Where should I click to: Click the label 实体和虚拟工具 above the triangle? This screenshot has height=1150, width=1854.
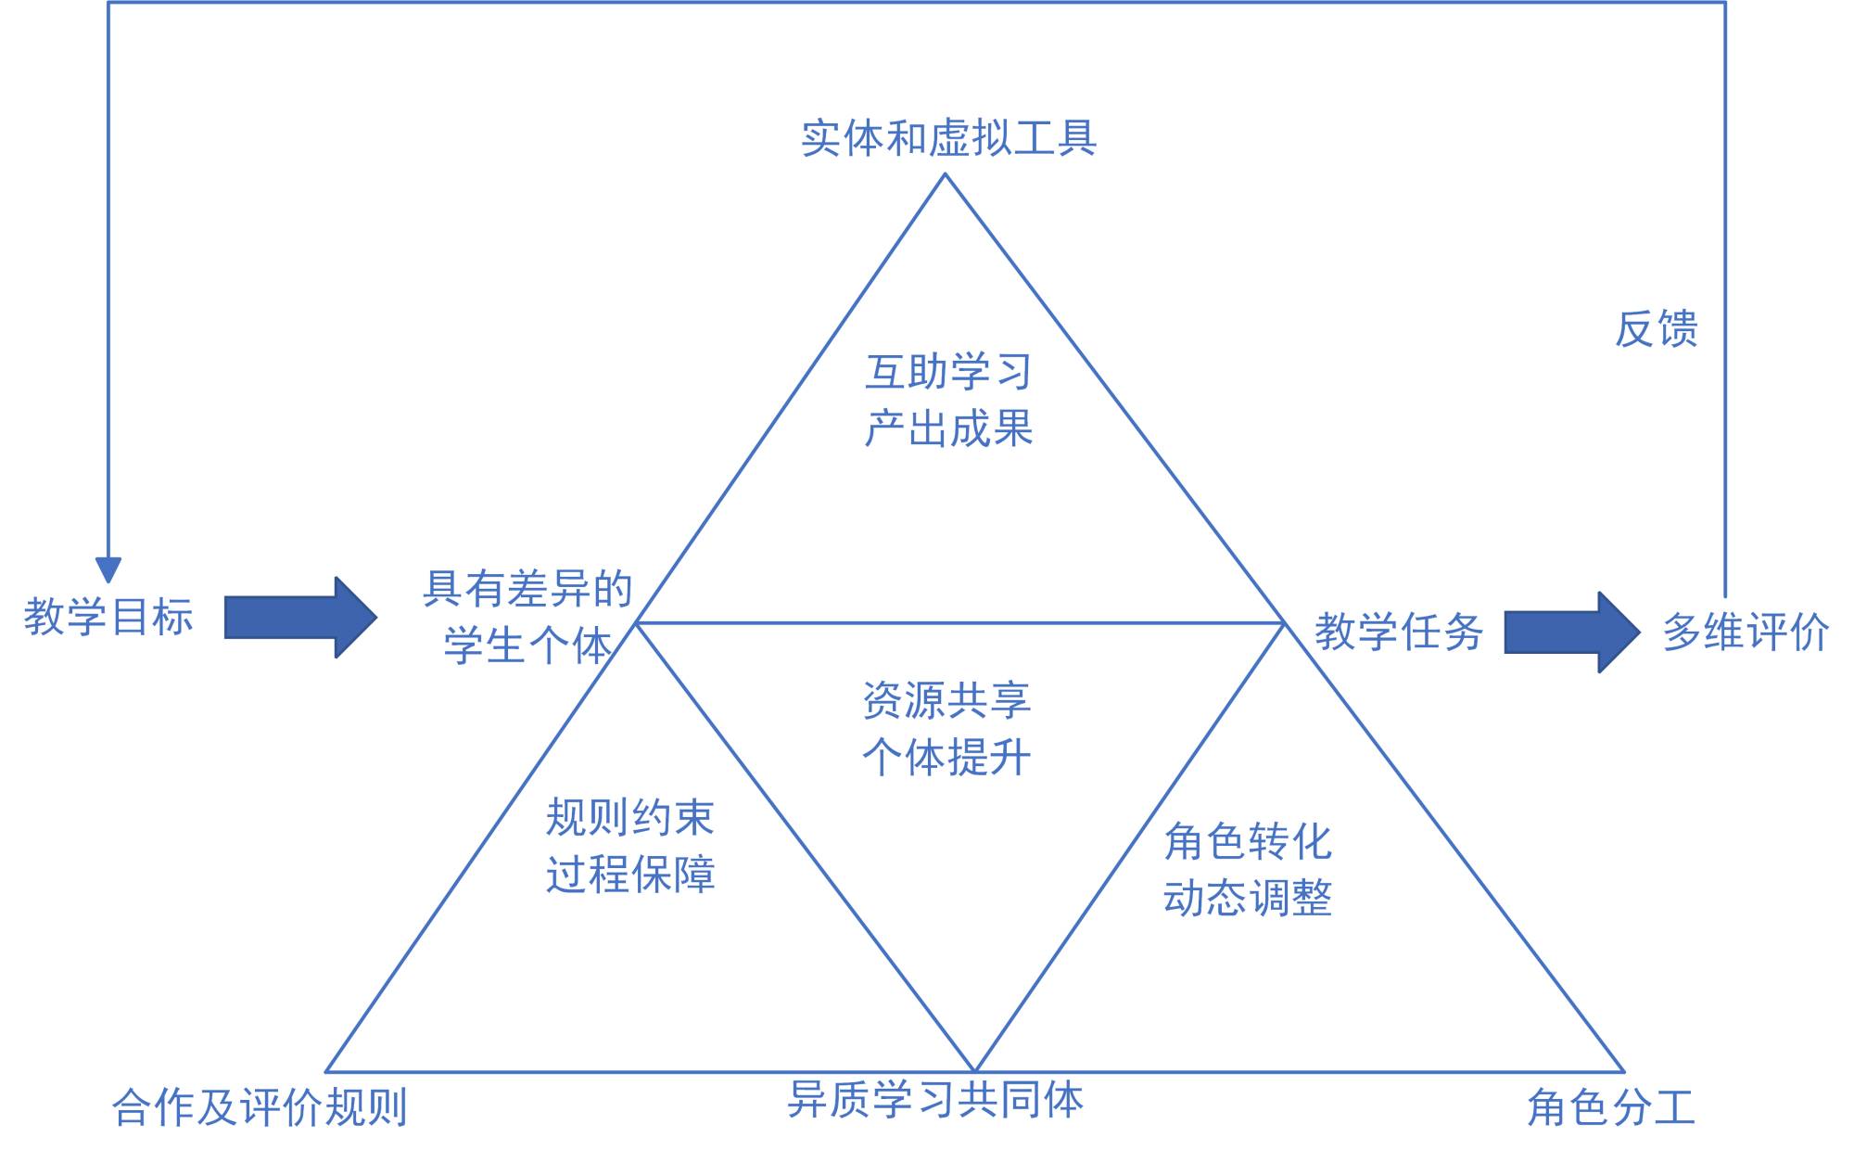pos(948,138)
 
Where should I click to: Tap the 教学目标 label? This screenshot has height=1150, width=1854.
pos(108,617)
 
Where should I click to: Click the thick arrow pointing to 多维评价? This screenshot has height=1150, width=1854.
pos(1571,632)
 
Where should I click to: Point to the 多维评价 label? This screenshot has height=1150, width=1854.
pos(1746,632)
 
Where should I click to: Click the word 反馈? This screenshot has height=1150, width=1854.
pos(1656,329)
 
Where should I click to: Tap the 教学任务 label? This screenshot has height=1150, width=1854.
pos(1399,632)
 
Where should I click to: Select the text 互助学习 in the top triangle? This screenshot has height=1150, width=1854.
pos(948,372)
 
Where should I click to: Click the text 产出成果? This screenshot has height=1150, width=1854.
pos(948,428)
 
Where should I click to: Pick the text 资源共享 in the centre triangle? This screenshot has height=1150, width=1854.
pos(946,700)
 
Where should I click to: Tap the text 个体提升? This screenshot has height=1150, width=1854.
pos(946,757)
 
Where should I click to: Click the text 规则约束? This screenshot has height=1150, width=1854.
pos(629,818)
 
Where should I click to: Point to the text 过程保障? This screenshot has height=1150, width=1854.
pos(629,875)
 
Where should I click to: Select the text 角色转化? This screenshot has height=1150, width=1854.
pos(1248,842)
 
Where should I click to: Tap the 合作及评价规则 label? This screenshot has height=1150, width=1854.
pos(260,1107)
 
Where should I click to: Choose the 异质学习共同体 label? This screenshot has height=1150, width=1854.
pos(935,1100)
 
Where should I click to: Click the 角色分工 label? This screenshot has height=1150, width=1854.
pos(1611,1107)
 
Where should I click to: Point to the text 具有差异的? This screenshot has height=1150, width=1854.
pos(527,589)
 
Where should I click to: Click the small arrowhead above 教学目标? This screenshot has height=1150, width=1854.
pos(108,569)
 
